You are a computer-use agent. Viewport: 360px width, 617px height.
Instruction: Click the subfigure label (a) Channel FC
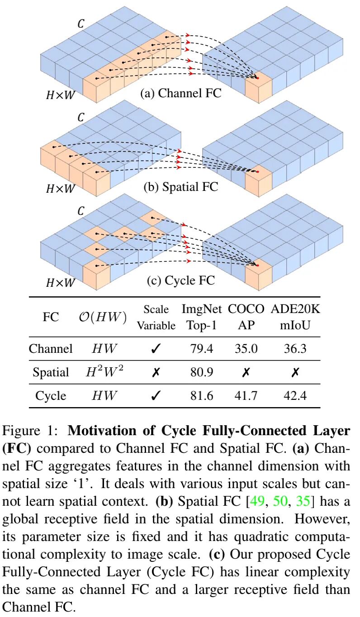(180, 93)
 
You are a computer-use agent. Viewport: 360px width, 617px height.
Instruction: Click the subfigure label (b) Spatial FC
(180, 186)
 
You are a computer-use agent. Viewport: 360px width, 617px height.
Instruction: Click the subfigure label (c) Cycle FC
(180, 280)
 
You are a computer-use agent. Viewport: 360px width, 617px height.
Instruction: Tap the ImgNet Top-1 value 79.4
(202, 349)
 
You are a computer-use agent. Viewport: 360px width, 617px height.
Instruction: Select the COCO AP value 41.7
(246, 396)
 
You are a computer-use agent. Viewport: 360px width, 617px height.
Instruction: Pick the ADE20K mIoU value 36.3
(295, 349)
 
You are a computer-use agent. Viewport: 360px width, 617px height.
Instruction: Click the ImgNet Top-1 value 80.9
(202, 372)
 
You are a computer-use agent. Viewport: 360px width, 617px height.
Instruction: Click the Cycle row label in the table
(51, 396)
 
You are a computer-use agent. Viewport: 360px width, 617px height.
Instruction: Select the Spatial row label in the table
(51, 372)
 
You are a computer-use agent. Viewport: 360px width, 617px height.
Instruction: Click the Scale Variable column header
(156, 318)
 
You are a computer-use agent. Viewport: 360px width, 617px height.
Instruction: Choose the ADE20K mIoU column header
(295, 318)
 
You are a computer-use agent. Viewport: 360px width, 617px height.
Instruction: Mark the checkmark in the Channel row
(156, 349)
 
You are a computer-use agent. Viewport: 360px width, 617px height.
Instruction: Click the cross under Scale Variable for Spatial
(156, 372)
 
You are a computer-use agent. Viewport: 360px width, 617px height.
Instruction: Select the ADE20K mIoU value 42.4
(295, 396)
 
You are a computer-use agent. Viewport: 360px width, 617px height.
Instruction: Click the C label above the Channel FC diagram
(81, 24)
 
